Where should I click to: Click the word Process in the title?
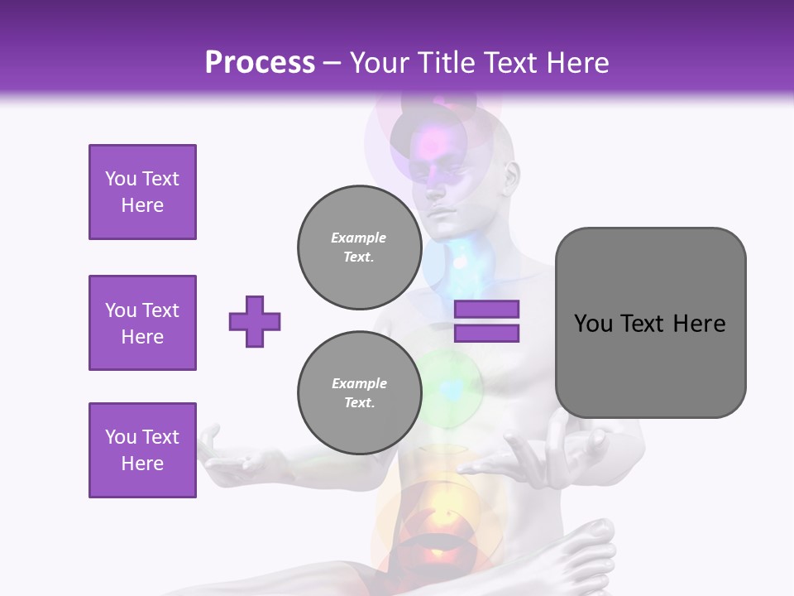(260, 63)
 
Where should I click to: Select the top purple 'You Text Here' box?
(142, 192)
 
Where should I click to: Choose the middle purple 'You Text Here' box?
(142, 323)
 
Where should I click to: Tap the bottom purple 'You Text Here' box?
(142, 450)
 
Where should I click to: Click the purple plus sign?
(255, 321)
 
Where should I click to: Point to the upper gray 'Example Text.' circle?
(359, 247)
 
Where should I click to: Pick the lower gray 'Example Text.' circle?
(359, 392)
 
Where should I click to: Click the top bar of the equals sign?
(486, 310)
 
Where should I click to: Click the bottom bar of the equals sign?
(486, 334)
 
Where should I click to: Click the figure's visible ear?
(512, 177)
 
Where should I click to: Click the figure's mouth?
(442, 213)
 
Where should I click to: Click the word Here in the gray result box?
(699, 324)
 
